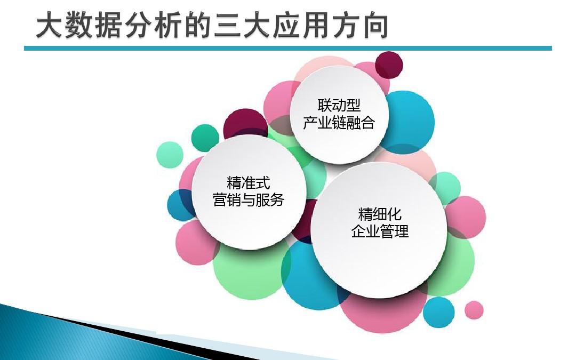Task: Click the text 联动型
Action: (339, 105)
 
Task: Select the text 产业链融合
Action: (339, 123)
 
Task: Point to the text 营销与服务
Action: (249, 200)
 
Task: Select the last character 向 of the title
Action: (373, 26)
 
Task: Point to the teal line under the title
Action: (288, 49)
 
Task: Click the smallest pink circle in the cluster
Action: (474, 310)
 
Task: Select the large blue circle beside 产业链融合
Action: (411, 122)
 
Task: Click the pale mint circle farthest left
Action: (170, 155)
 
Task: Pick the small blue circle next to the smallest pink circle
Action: (439, 311)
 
